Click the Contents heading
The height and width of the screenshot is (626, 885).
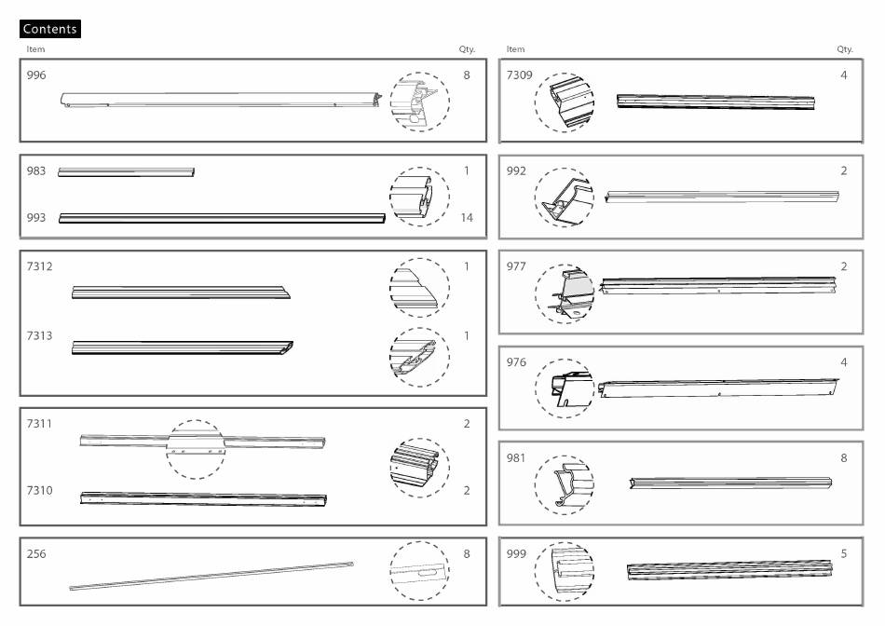(x=50, y=29)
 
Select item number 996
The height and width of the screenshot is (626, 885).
(x=36, y=75)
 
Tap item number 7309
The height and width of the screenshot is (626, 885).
(x=519, y=75)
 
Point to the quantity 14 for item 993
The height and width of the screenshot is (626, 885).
(x=467, y=218)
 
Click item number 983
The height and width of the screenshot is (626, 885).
(x=36, y=171)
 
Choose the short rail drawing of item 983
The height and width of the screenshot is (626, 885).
(x=126, y=171)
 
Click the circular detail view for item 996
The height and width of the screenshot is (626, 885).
(x=419, y=102)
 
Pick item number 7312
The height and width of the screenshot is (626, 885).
(x=40, y=266)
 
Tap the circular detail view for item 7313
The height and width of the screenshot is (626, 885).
(x=419, y=358)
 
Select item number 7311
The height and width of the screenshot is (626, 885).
(x=40, y=424)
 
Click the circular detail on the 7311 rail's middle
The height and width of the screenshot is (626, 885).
(x=196, y=449)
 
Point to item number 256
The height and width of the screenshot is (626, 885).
(x=36, y=554)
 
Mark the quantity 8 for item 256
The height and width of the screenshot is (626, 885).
(x=467, y=554)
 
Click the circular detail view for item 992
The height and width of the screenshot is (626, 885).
(x=565, y=198)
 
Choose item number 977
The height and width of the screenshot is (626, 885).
(x=516, y=266)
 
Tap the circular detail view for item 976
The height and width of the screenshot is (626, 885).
(x=565, y=388)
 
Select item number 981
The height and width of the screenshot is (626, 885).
(x=516, y=458)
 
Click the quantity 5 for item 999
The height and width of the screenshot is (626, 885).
(x=844, y=554)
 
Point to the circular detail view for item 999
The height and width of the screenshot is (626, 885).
(x=565, y=571)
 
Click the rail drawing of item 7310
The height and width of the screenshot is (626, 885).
(x=203, y=498)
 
